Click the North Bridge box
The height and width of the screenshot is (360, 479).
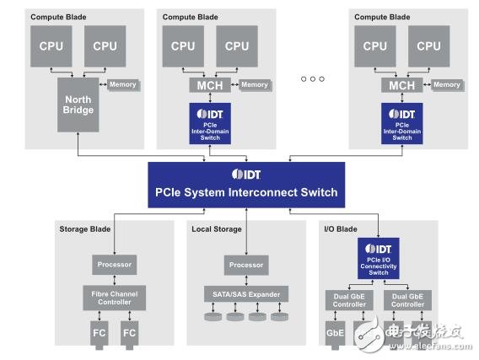click(x=78, y=104)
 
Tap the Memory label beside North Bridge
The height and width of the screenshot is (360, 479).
click(x=121, y=85)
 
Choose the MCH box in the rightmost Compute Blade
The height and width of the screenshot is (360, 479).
click(x=401, y=85)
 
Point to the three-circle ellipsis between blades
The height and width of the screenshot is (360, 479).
click(x=312, y=79)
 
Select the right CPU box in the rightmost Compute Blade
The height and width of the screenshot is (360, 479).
click(x=429, y=46)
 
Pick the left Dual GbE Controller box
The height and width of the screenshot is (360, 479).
click(x=347, y=298)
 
